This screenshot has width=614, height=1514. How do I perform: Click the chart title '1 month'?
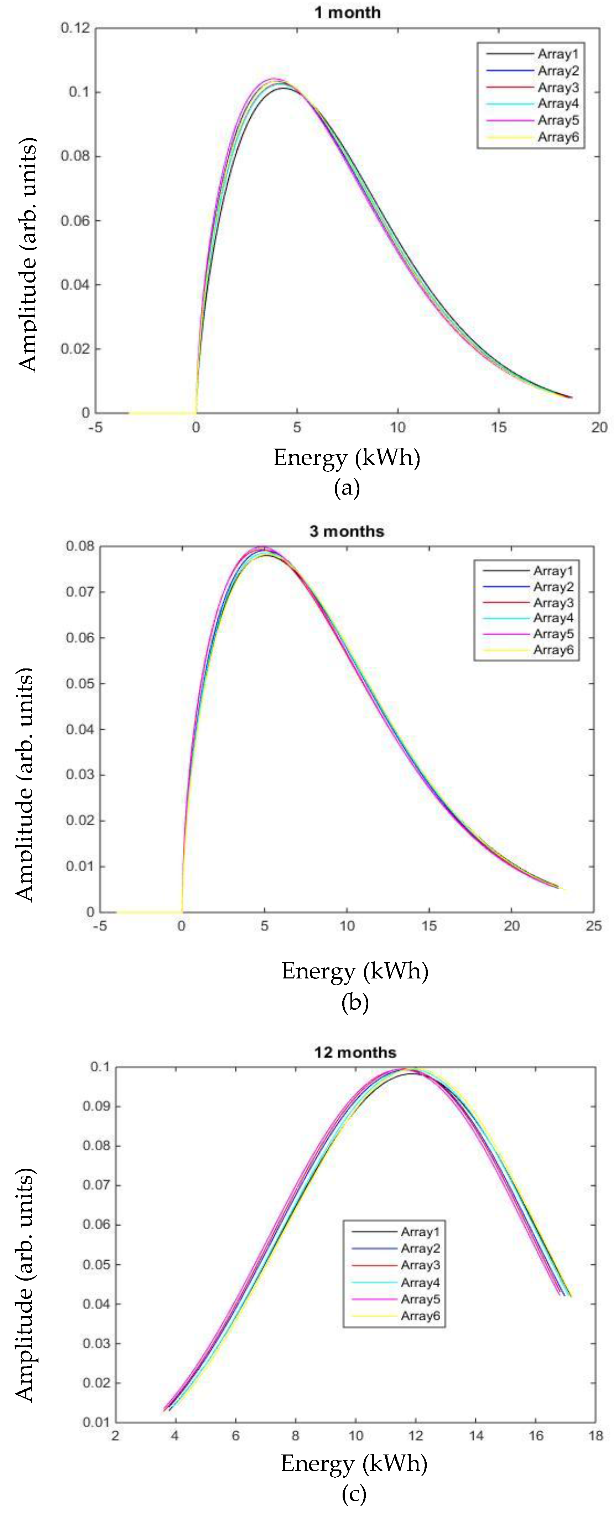tap(347, 12)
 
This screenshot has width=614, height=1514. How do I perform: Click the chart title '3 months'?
tap(347, 531)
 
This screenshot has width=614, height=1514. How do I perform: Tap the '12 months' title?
tap(355, 1052)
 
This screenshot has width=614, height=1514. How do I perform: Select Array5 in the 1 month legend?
tap(558, 120)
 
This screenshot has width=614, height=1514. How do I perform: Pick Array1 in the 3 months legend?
tap(553, 571)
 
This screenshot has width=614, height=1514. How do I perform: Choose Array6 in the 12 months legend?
tap(420, 1316)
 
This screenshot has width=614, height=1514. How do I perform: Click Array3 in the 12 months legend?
tap(420, 1265)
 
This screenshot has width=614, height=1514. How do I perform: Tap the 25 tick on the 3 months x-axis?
tap(593, 926)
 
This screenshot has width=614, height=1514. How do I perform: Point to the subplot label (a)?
tap(347, 488)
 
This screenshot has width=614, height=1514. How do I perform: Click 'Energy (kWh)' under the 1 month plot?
tap(347, 458)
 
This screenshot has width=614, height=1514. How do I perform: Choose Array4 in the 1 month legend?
tap(558, 104)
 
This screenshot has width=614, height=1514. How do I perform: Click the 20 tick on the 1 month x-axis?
tap(599, 428)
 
